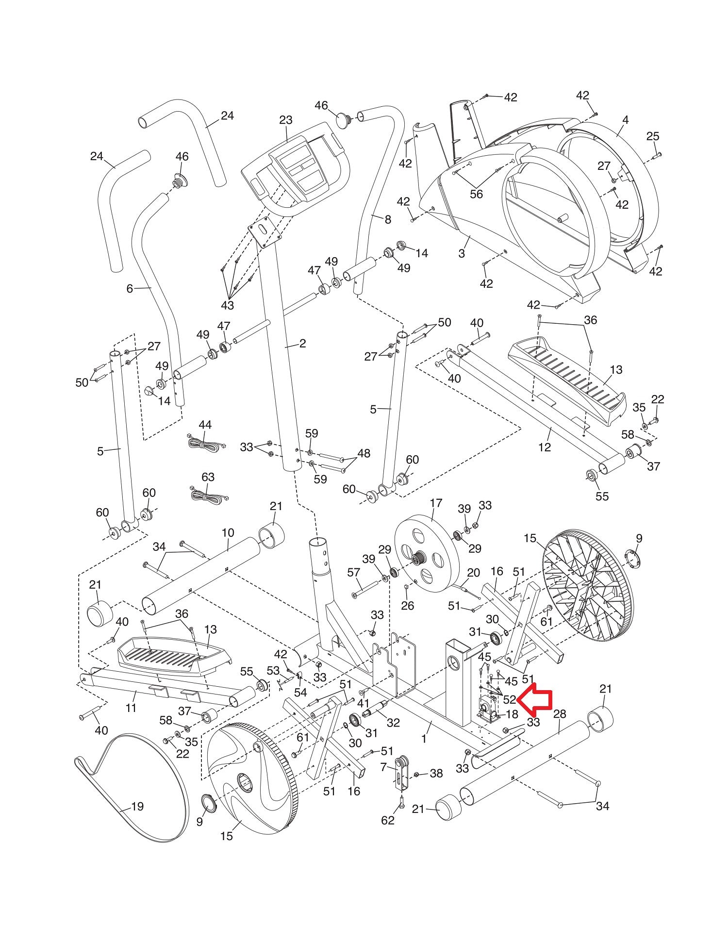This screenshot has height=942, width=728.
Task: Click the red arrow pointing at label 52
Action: [535, 699]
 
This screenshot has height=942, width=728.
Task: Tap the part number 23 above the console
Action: [286, 120]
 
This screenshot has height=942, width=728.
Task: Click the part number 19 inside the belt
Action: [137, 806]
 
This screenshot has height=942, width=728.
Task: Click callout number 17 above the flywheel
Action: [436, 503]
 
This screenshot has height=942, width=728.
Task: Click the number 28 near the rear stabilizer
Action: [560, 714]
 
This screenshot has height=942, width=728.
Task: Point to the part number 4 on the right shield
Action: [625, 119]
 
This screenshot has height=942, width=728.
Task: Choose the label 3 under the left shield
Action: [461, 253]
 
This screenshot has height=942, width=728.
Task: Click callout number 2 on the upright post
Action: [302, 344]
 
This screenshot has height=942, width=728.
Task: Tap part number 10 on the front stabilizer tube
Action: [228, 533]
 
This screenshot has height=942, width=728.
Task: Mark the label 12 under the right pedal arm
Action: [545, 447]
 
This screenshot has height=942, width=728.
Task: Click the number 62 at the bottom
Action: [388, 820]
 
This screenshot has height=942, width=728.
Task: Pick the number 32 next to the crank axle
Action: [393, 736]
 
